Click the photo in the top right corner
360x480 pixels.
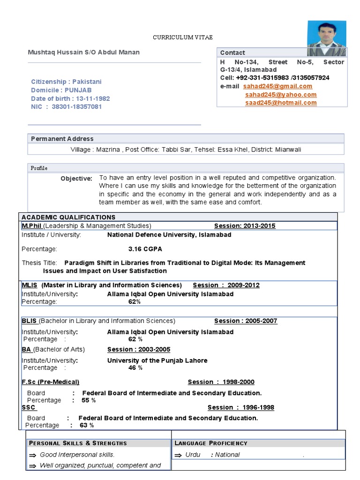326,39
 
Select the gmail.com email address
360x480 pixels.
279,86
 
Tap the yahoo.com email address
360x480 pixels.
281,95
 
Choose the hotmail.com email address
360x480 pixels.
281,103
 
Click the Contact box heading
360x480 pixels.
232,52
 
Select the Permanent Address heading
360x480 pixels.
62,139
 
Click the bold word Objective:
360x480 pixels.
76,179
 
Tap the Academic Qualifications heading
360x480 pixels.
68,217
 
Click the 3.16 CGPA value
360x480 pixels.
145,249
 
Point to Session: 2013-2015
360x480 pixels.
245,226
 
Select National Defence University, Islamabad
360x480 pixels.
169,235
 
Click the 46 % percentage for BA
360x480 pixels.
135,368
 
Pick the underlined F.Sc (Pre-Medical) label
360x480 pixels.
51,382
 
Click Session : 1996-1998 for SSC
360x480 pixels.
241,407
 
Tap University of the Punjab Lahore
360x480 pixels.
157,360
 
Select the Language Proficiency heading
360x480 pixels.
211,443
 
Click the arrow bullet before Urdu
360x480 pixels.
178,455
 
